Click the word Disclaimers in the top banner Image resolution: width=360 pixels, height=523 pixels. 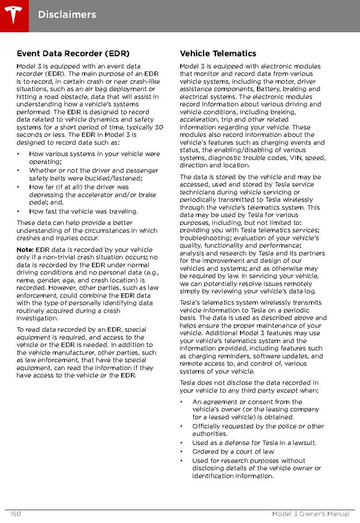click(67, 14)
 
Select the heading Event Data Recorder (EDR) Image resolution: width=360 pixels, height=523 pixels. click(73, 53)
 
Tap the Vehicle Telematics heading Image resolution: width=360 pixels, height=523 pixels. click(218, 53)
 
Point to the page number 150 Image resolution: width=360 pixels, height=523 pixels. click(16, 513)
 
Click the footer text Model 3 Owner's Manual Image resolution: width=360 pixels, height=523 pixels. click(310, 513)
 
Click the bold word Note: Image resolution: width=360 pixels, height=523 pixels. click(25, 250)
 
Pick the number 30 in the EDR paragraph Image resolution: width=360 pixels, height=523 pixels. click(158, 127)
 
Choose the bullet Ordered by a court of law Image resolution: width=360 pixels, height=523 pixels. click(233, 452)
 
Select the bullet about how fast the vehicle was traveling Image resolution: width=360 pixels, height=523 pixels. click(83, 211)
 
